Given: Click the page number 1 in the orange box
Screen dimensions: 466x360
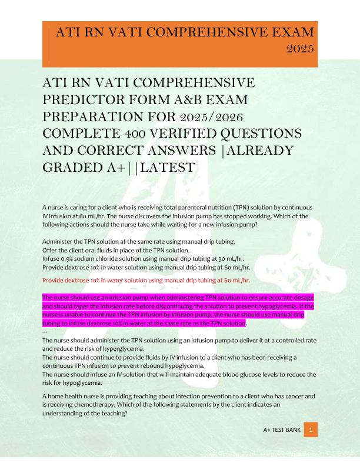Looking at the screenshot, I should [x=311, y=430].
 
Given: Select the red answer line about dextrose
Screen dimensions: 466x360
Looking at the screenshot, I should [x=146, y=280].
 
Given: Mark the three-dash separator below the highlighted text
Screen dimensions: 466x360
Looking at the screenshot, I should [x=46, y=332].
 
